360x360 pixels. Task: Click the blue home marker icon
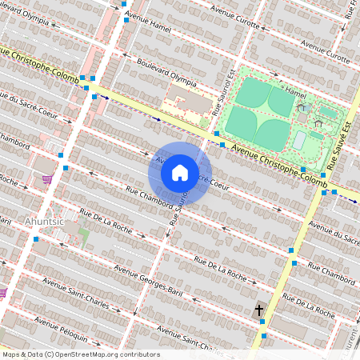[180, 172]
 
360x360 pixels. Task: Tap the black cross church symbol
[259, 310]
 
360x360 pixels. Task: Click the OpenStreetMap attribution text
[80, 354]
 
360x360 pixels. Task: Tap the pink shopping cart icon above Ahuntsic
[47, 178]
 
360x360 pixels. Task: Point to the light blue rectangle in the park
[298, 141]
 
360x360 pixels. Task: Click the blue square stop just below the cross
[263, 322]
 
